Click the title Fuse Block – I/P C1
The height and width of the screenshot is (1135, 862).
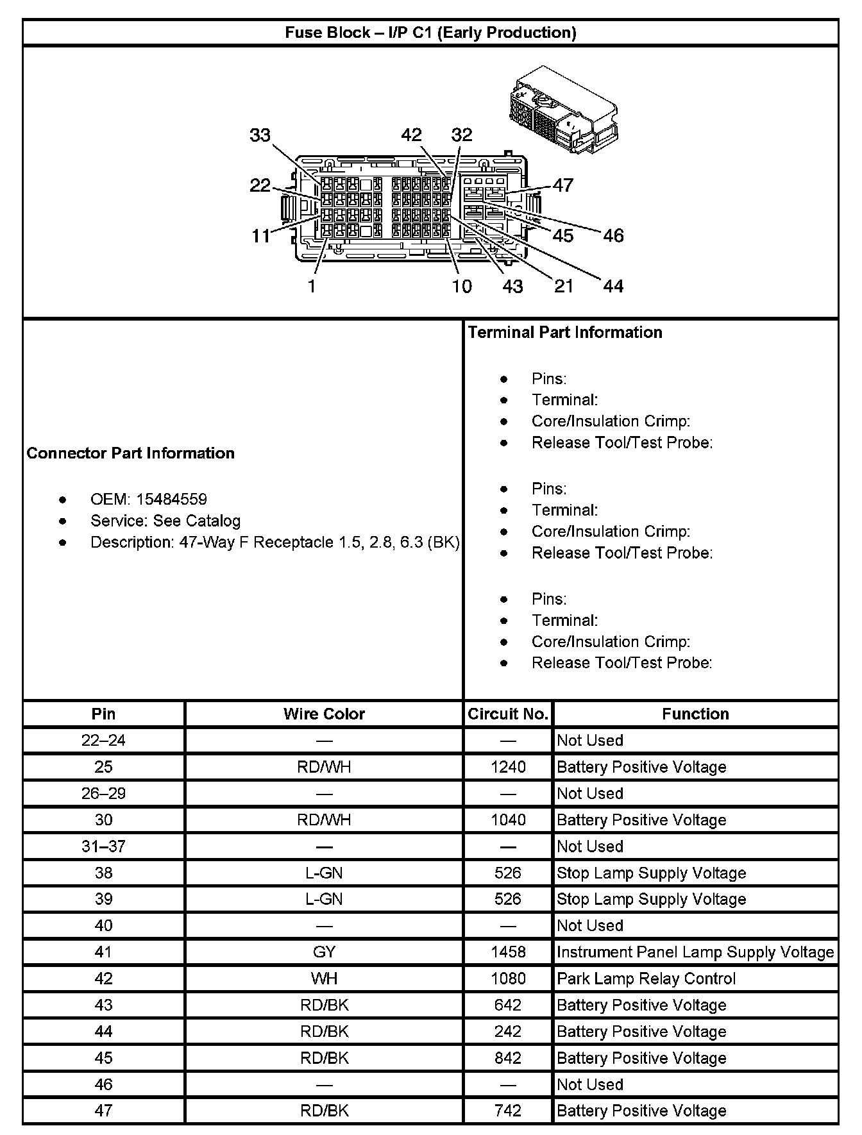pyautogui.click(x=430, y=33)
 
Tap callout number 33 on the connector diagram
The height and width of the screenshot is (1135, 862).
pyautogui.click(x=260, y=135)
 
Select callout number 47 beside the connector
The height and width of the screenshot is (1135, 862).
pyautogui.click(x=562, y=185)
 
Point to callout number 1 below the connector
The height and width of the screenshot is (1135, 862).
pyautogui.click(x=312, y=286)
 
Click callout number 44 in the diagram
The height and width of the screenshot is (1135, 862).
pyautogui.click(x=613, y=286)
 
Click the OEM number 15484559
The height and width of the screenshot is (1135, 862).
pyautogui.click(x=171, y=500)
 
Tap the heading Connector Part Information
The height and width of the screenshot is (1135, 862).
pyautogui.click(x=130, y=453)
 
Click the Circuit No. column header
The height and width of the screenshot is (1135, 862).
pyautogui.click(x=507, y=714)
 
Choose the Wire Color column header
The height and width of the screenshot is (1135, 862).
pyautogui.click(x=324, y=714)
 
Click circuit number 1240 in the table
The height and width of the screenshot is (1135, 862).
pyautogui.click(x=507, y=767)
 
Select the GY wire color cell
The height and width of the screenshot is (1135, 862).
pyautogui.click(x=324, y=952)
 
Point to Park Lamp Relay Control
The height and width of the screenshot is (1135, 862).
pyautogui.click(x=646, y=979)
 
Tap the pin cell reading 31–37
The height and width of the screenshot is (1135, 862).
pyautogui.click(x=103, y=846)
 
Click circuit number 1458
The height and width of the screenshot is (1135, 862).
pyautogui.click(x=507, y=952)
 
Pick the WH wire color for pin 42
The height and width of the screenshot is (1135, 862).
pyautogui.click(x=324, y=979)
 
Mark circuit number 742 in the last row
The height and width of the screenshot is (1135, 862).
pyautogui.click(x=507, y=1111)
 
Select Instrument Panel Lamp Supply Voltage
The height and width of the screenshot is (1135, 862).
pyautogui.click(x=695, y=952)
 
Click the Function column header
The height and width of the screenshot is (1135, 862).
pyautogui.click(x=695, y=714)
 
